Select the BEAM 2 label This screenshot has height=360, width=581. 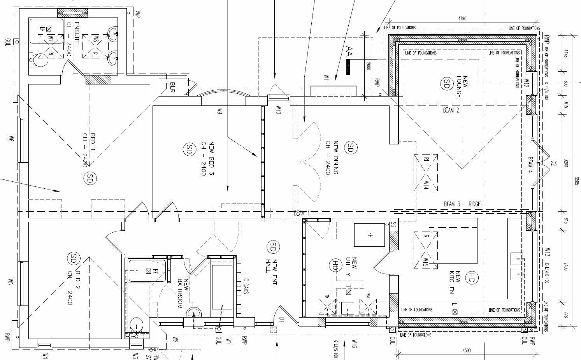(x=451, y=111)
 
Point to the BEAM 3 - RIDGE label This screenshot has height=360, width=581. (x=462, y=204)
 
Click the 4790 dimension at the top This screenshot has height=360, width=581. (x=462, y=18)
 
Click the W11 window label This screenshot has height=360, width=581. (x=326, y=79)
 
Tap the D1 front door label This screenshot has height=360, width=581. (x=282, y=320)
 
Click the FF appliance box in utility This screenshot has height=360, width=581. (x=369, y=235)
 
